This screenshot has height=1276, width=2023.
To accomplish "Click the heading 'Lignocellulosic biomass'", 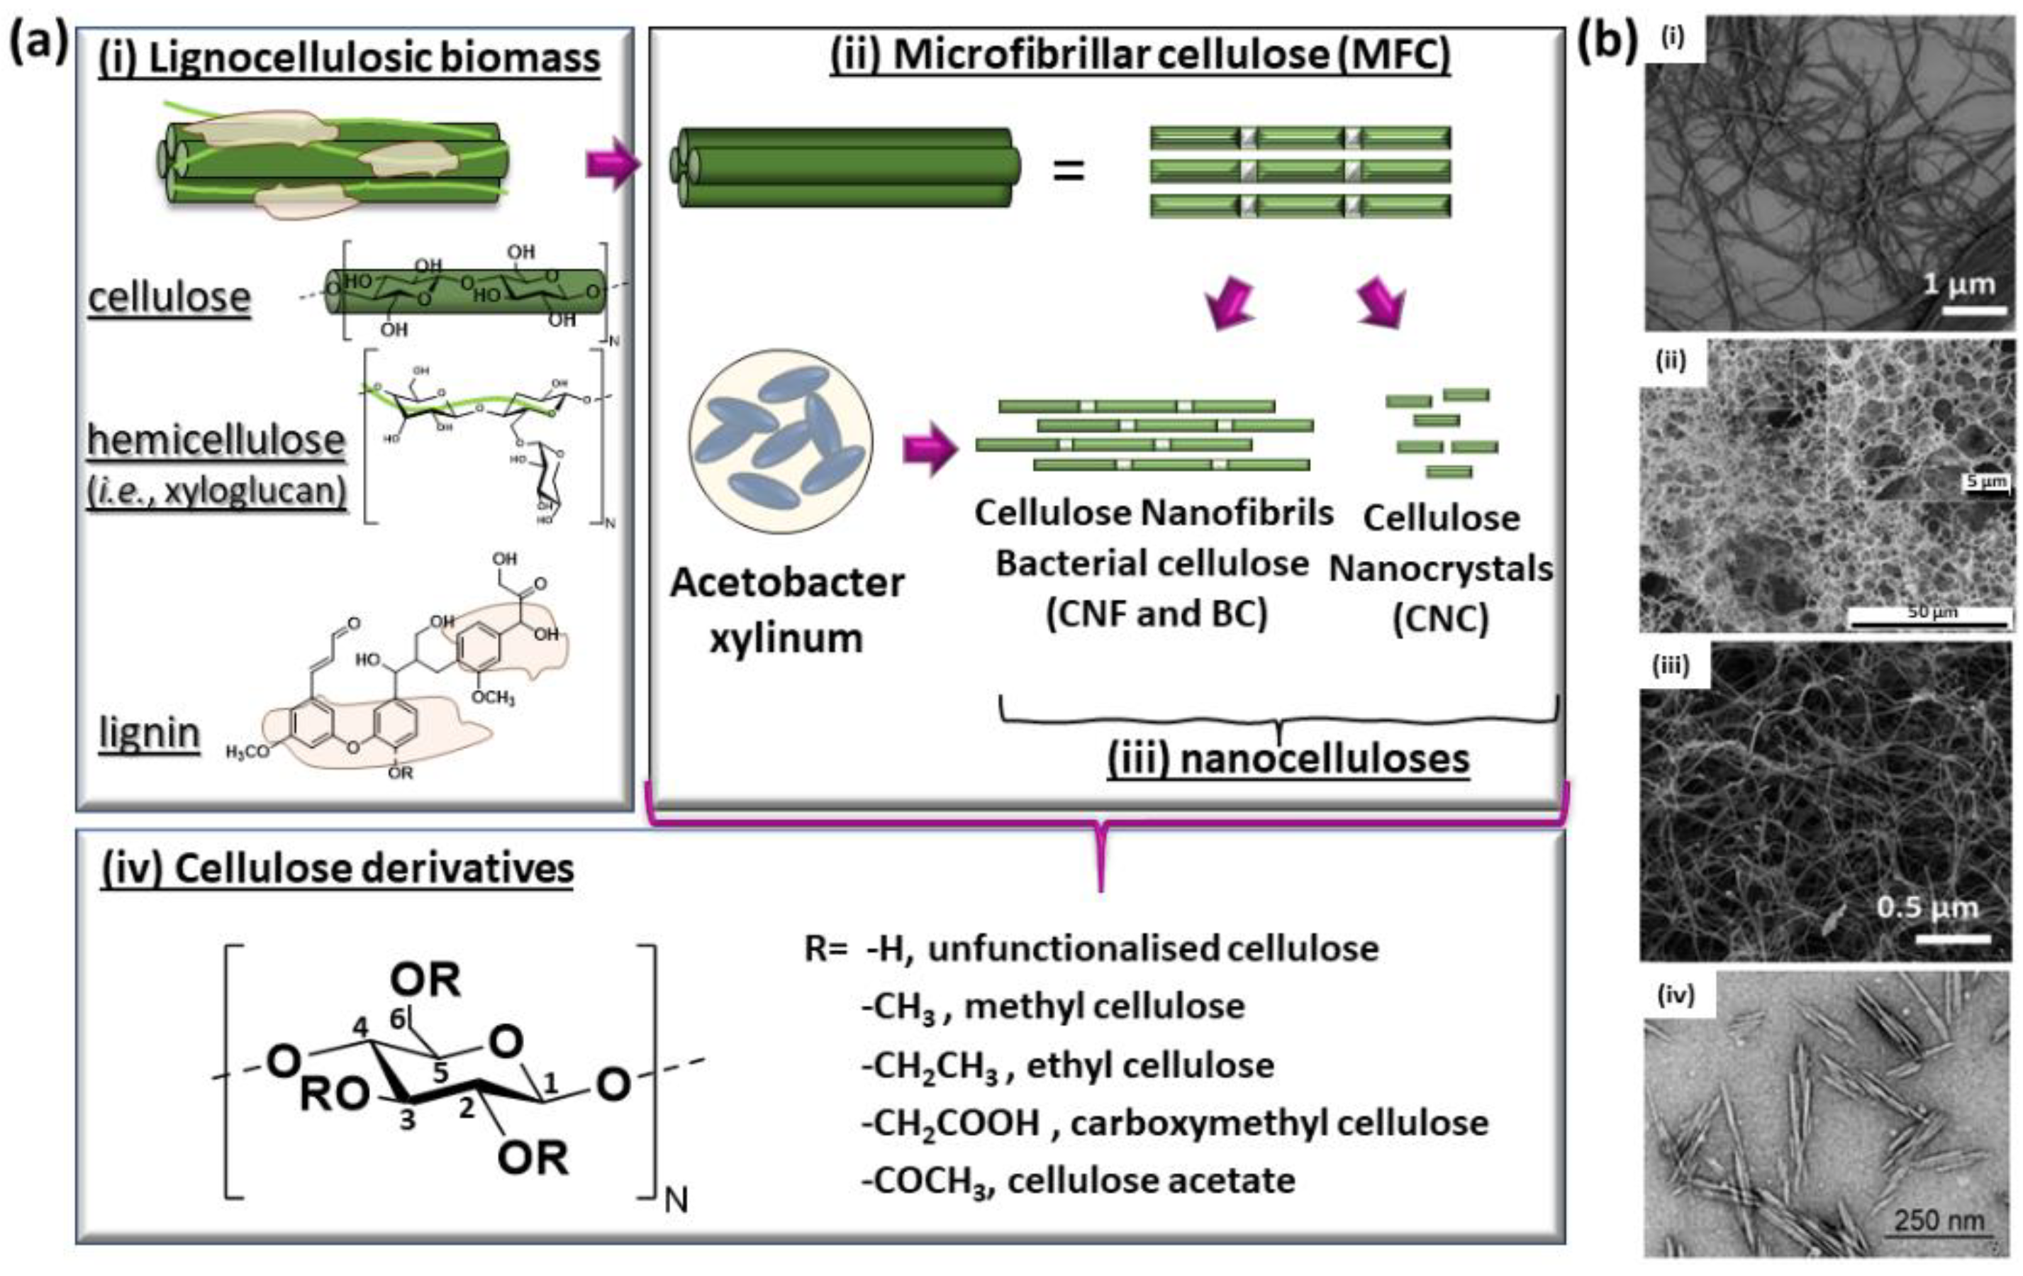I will click(349, 57).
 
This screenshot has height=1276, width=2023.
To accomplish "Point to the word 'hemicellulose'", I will click(216, 439).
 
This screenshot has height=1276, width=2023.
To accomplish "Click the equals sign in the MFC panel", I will click(1069, 172).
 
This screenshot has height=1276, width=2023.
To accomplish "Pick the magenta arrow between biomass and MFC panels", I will click(613, 162).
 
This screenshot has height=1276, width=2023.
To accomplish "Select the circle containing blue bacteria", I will click(781, 441).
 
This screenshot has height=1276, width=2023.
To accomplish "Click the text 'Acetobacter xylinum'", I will click(786, 609).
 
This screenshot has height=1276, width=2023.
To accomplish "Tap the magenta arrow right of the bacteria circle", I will click(930, 448).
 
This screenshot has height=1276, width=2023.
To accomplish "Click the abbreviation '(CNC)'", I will click(1440, 619).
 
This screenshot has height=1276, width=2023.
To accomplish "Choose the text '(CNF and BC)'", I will click(1156, 614).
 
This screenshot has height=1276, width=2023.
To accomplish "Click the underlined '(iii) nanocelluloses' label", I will click(1288, 758).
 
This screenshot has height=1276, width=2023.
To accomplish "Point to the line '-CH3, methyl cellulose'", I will click(1054, 1006).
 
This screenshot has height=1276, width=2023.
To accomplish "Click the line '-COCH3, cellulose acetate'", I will click(1079, 1180).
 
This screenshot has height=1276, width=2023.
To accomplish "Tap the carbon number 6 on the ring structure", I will click(399, 1018).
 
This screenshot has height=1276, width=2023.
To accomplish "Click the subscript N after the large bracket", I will click(676, 1200).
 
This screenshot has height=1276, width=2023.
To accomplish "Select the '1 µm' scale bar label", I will click(1959, 284).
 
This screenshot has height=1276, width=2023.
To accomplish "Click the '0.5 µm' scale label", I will click(1927, 908).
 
